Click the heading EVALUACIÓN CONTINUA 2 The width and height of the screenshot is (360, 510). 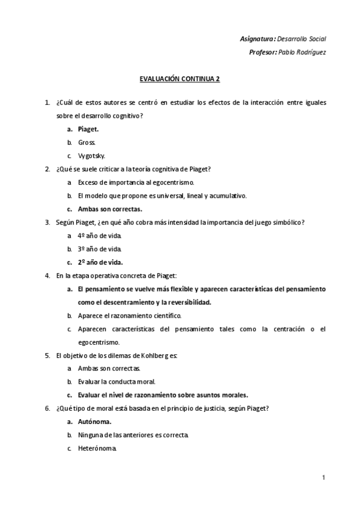(180, 79)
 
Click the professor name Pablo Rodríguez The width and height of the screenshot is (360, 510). (303, 52)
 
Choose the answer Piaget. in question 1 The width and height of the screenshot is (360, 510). (88, 129)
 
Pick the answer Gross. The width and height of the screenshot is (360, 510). (87, 142)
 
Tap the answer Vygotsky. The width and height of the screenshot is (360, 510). (91, 155)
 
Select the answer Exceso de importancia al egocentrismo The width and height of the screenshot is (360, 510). (136, 182)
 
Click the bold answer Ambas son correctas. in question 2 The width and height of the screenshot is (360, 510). (110, 209)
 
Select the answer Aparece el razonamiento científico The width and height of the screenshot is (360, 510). (129, 315)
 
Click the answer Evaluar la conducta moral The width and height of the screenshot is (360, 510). (117, 382)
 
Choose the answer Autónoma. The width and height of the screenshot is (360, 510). (95, 422)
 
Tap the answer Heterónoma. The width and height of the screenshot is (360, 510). (97, 449)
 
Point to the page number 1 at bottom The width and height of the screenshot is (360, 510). (323, 478)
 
